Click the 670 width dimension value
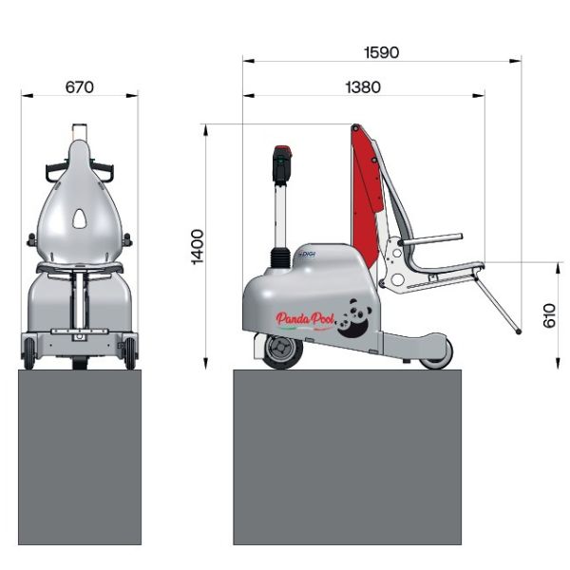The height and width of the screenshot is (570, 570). tap(79, 86)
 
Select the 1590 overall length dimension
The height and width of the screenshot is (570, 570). tap(380, 51)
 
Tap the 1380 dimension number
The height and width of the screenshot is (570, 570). tap(362, 86)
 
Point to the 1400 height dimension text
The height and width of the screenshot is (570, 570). tap(197, 246)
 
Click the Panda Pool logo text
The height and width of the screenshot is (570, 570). tap(305, 320)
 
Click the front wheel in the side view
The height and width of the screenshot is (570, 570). tap(281, 351)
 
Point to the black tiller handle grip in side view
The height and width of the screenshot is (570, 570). tap(281, 164)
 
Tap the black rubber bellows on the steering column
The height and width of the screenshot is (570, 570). tap(280, 257)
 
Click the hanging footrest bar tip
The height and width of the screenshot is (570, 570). tap(517, 332)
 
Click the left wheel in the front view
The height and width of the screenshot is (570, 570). tap(29, 353)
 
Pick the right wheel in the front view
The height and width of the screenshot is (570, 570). tap(129, 353)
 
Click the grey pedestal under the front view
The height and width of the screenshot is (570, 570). tap(80, 456)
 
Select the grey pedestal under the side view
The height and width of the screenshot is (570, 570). tap(347, 456)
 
